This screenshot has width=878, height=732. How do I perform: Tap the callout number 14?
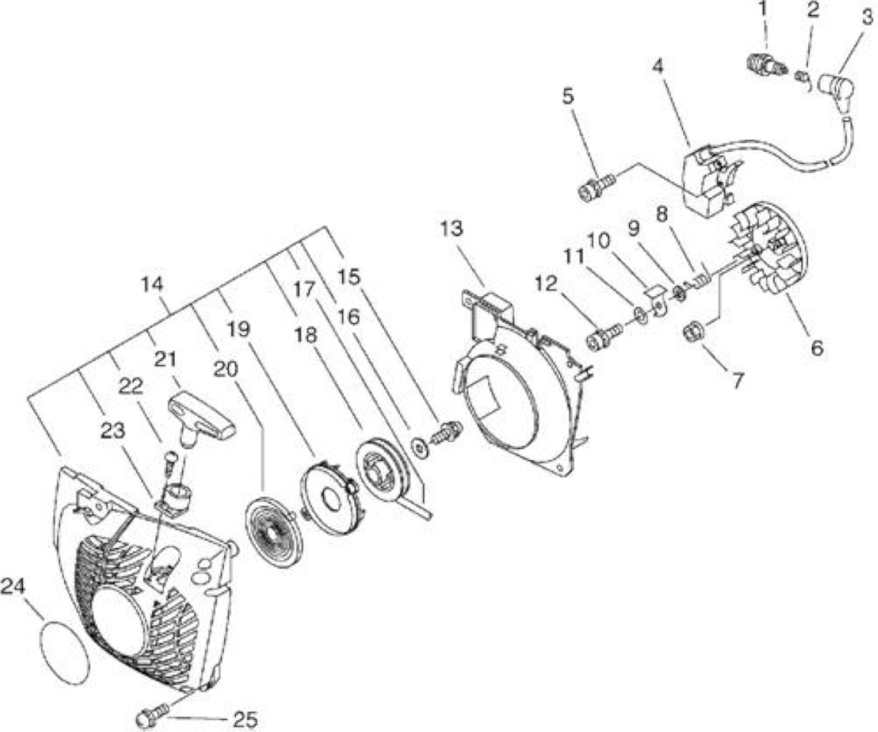(x=152, y=285)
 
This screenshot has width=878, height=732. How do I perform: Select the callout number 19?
(x=240, y=330)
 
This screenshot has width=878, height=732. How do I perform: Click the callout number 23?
(x=113, y=430)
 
